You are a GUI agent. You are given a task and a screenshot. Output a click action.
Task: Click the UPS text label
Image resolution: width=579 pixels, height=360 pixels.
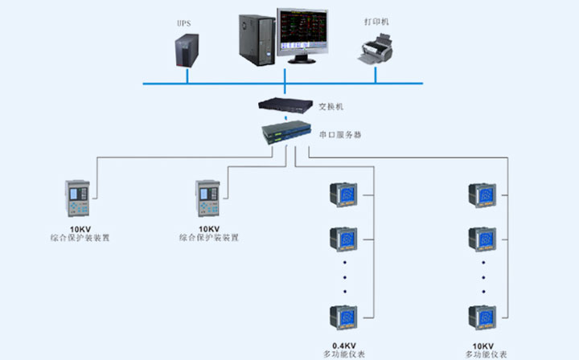pyautogui.click(x=183, y=23)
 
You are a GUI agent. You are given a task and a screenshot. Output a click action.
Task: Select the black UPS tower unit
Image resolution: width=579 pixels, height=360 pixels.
pyautogui.click(x=187, y=51)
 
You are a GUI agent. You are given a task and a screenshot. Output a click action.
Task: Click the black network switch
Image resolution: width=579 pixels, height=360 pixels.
pyautogui.click(x=284, y=103)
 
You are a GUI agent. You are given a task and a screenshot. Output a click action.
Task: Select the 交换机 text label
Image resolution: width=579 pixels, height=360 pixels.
pyautogui.click(x=331, y=105)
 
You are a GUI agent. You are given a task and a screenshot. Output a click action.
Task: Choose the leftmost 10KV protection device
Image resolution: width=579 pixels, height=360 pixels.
pyautogui.click(x=78, y=198)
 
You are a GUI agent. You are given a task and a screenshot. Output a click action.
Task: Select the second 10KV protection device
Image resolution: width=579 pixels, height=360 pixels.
pyautogui.click(x=209, y=198)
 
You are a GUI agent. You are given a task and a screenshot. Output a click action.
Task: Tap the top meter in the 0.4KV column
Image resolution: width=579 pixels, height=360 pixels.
pyautogui.click(x=345, y=195)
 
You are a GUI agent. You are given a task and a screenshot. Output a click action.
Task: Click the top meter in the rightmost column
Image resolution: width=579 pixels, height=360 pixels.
pyautogui.click(x=483, y=195)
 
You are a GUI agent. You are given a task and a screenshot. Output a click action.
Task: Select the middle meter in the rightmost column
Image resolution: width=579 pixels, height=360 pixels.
pyautogui.click(x=483, y=239)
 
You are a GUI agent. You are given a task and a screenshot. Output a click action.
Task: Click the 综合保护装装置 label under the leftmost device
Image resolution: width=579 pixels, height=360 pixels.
pyautogui.click(x=79, y=239)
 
